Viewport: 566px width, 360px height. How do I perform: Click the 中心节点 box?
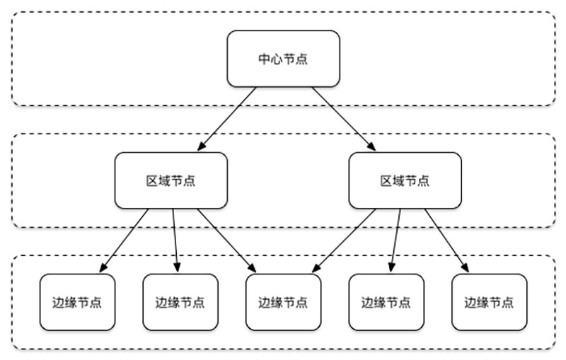282,59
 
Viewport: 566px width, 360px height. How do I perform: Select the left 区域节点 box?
171,180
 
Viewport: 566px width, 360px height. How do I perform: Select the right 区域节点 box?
405,180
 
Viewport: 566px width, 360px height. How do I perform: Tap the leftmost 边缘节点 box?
77,302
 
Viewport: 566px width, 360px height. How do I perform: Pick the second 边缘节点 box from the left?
180,302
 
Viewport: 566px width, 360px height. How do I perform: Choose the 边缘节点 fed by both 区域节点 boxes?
283,302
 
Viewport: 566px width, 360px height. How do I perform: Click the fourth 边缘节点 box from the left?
386,302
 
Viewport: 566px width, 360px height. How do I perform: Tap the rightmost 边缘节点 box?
489,302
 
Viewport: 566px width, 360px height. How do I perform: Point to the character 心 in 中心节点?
276,59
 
